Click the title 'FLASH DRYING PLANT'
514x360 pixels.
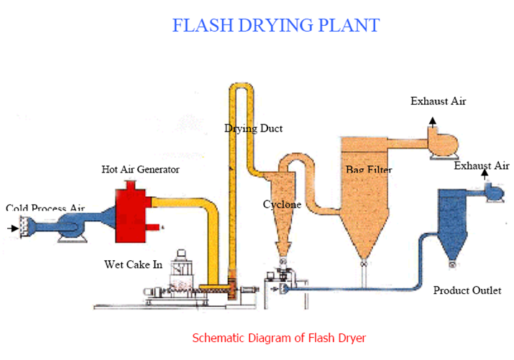(275, 25)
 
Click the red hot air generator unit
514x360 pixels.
(136, 209)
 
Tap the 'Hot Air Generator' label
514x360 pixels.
(140, 170)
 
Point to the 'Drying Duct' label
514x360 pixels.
(253, 129)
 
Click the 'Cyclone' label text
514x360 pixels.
(281, 205)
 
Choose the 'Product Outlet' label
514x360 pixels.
(467, 290)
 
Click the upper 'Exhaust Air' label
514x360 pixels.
(438, 101)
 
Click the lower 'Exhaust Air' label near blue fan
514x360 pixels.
(482, 166)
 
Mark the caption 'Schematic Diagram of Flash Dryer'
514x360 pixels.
(280, 336)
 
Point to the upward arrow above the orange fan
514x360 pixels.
(432, 120)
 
